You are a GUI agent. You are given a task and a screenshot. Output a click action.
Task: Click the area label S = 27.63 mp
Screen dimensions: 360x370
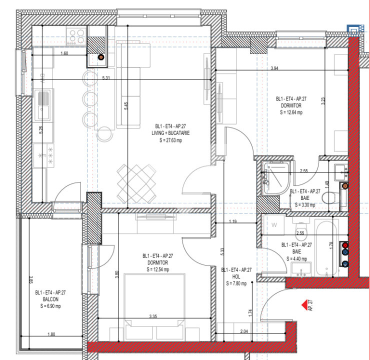click(171, 141)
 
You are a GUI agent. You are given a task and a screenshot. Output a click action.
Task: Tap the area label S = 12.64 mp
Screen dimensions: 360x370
click(291, 112)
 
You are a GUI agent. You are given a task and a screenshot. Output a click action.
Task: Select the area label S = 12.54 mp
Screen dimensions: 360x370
click(157, 269)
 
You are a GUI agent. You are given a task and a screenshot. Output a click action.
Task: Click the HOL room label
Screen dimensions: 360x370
click(236, 276)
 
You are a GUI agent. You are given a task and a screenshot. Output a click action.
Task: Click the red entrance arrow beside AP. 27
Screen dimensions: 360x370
click(302, 303)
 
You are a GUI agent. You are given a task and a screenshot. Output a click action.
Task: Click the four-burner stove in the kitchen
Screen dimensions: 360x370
click(76, 35)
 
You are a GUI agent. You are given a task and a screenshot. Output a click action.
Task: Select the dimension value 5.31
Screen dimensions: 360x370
click(106, 77)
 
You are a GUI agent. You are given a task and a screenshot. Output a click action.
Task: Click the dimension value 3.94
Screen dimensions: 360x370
click(274, 68)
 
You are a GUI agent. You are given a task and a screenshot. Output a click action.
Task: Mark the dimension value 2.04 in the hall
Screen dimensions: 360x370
click(243, 331)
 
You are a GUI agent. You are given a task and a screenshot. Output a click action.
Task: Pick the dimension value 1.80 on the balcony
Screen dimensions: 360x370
click(51, 334)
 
